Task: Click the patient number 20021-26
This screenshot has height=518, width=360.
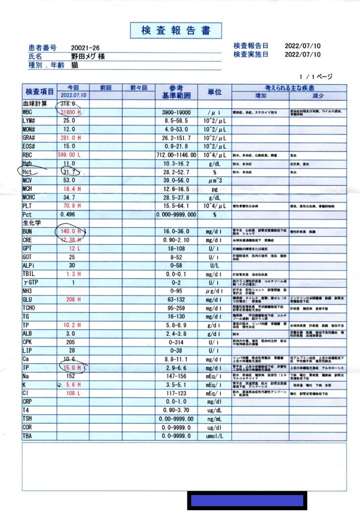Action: click(86, 47)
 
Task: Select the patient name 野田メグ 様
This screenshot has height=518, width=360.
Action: click(88, 56)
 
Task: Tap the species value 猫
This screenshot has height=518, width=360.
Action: click(74, 65)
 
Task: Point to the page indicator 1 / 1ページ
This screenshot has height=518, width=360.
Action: click(316, 77)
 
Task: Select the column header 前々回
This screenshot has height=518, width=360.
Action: click(138, 88)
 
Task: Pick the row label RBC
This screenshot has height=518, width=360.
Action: click(28, 155)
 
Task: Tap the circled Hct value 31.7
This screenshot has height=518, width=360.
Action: click(67, 172)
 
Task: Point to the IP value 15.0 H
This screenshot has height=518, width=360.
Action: click(72, 368)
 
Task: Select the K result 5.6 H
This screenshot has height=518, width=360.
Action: click(72, 385)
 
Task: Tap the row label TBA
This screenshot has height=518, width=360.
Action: click(27, 436)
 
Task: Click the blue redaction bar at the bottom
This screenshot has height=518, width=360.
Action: click(247, 500)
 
